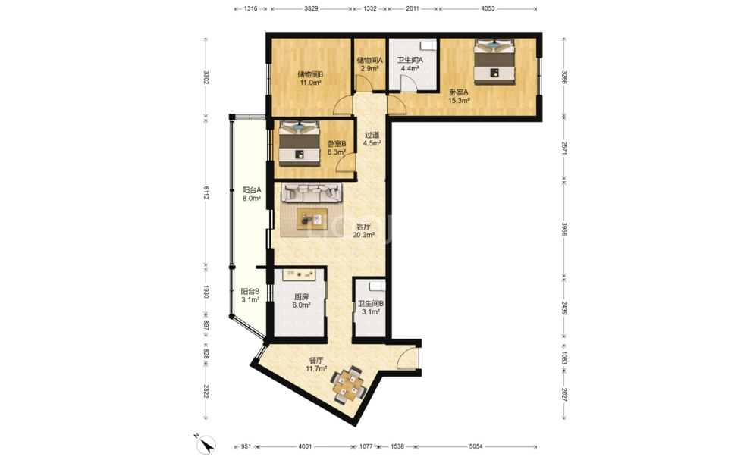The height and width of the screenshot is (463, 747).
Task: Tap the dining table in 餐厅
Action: (x=349, y=385)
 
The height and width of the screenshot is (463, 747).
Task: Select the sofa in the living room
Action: (x=312, y=192)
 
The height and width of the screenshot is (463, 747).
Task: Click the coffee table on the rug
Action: (x=312, y=219)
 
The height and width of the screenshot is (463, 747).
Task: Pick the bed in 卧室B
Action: (x=300, y=143)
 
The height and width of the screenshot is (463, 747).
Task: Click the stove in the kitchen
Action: (x=300, y=274)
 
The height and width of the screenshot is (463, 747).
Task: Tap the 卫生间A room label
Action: (x=410, y=60)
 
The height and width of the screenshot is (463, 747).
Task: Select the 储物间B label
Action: (x=310, y=74)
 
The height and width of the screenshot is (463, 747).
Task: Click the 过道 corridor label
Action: (x=372, y=135)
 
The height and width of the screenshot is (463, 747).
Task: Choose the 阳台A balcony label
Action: (x=252, y=190)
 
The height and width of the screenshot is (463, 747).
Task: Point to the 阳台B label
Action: (x=250, y=291)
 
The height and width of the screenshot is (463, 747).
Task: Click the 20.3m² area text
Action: (x=363, y=235)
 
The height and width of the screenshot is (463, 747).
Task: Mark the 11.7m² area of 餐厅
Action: (x=316, y=368)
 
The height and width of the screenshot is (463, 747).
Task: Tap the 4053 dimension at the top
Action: (x=488, y=8)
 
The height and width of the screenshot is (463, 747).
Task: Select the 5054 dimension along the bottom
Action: (x=476, y=446)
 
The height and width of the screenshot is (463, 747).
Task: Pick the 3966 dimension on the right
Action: (x=564, y=229)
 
